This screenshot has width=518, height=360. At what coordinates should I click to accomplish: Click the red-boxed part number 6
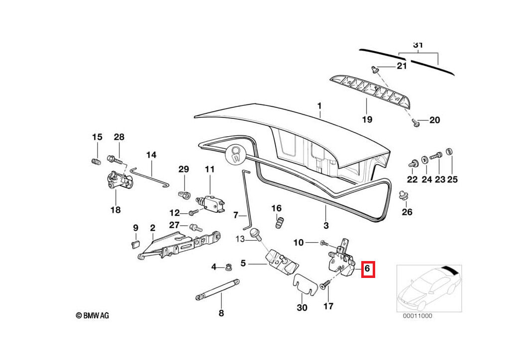tap(367, 269)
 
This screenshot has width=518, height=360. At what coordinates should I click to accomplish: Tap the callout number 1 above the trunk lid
tap(319, 106)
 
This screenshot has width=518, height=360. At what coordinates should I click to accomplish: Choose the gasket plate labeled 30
tap(305, 284)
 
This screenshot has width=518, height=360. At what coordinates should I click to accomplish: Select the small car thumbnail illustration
tap(429, 288)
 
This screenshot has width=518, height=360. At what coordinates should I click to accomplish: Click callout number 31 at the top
tap(418, 45)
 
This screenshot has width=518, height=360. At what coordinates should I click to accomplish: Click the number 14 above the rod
tap(151, 155)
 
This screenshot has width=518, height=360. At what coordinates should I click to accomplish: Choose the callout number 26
tap(407, 212)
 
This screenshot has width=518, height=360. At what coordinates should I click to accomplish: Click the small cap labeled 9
tap(134, 243)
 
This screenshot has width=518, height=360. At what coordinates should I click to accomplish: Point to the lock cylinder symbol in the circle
tap(236, 154)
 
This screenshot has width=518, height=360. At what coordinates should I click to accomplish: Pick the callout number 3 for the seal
tap(326, 225)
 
